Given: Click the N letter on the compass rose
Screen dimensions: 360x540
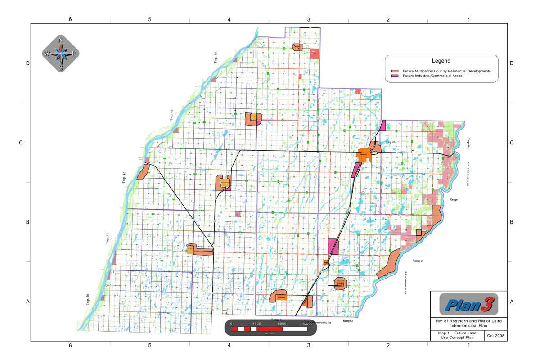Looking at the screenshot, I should [61, 40].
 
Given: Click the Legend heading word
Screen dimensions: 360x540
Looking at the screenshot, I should [441, 61].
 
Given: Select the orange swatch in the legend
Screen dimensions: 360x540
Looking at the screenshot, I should [396, 71].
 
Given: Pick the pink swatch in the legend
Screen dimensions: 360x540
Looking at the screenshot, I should [396, 76].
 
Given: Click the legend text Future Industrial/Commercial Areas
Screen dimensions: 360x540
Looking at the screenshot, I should [432, 76].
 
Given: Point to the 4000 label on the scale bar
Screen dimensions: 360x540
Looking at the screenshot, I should [256, 324].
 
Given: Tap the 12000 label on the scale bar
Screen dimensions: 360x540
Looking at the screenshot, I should [307, 324].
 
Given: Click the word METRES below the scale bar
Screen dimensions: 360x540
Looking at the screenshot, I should [269, 334].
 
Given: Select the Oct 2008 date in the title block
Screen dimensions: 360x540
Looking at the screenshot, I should [497, 336].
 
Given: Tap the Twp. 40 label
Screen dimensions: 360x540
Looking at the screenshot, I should [88, 300].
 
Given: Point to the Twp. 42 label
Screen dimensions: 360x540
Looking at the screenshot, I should [124, 177].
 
